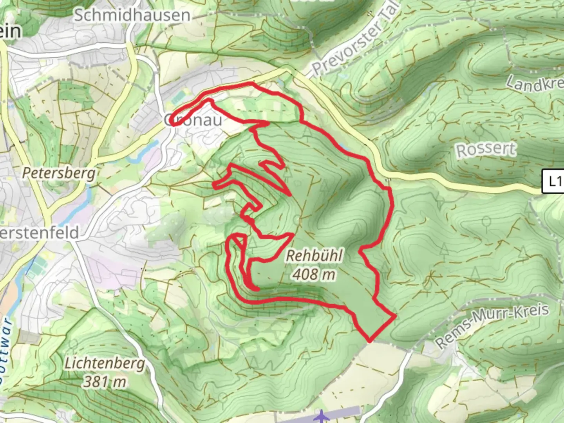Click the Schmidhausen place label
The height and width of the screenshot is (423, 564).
coord(132,16)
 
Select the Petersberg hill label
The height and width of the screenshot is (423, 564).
coord(59,173)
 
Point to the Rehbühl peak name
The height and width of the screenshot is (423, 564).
coord(315,256)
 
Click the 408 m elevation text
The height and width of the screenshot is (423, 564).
coord(314,274)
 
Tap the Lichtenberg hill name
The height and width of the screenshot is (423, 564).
coord(105,363)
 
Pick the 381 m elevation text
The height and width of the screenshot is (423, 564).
coord(105,381)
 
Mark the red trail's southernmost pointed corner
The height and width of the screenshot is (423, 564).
coord(369,340)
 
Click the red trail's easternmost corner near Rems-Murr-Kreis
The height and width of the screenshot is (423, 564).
coord(395,315)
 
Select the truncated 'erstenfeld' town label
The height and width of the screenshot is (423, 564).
coord(39,233)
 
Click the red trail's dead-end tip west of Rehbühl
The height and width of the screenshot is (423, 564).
coord(257,289)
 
